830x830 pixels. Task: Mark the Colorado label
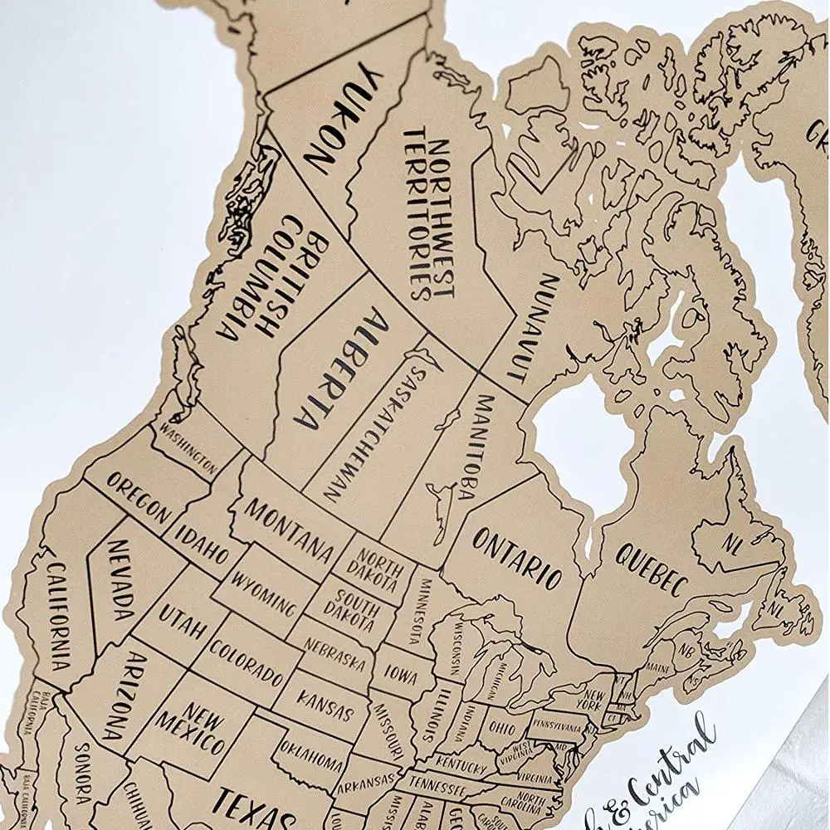[247, 661]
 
